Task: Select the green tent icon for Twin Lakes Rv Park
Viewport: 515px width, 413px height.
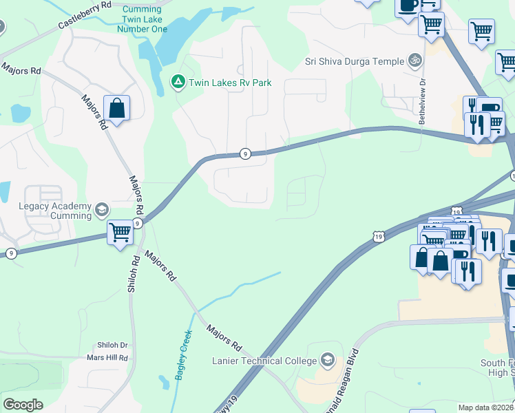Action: [x=178, y=83]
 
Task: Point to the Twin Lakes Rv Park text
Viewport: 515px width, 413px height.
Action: [x=231, y=83]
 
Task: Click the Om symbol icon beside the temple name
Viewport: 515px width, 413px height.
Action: [x=414, y=61]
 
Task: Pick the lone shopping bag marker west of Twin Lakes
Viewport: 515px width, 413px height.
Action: [x=116, y=108]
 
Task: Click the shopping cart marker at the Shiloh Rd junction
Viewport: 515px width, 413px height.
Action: [x=120, y=232]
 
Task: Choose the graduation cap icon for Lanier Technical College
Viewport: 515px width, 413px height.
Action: [x=328, y=360]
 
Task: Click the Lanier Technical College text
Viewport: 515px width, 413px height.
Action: [x=264, y=361]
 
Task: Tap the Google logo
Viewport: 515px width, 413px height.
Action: [x=23, y=405]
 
